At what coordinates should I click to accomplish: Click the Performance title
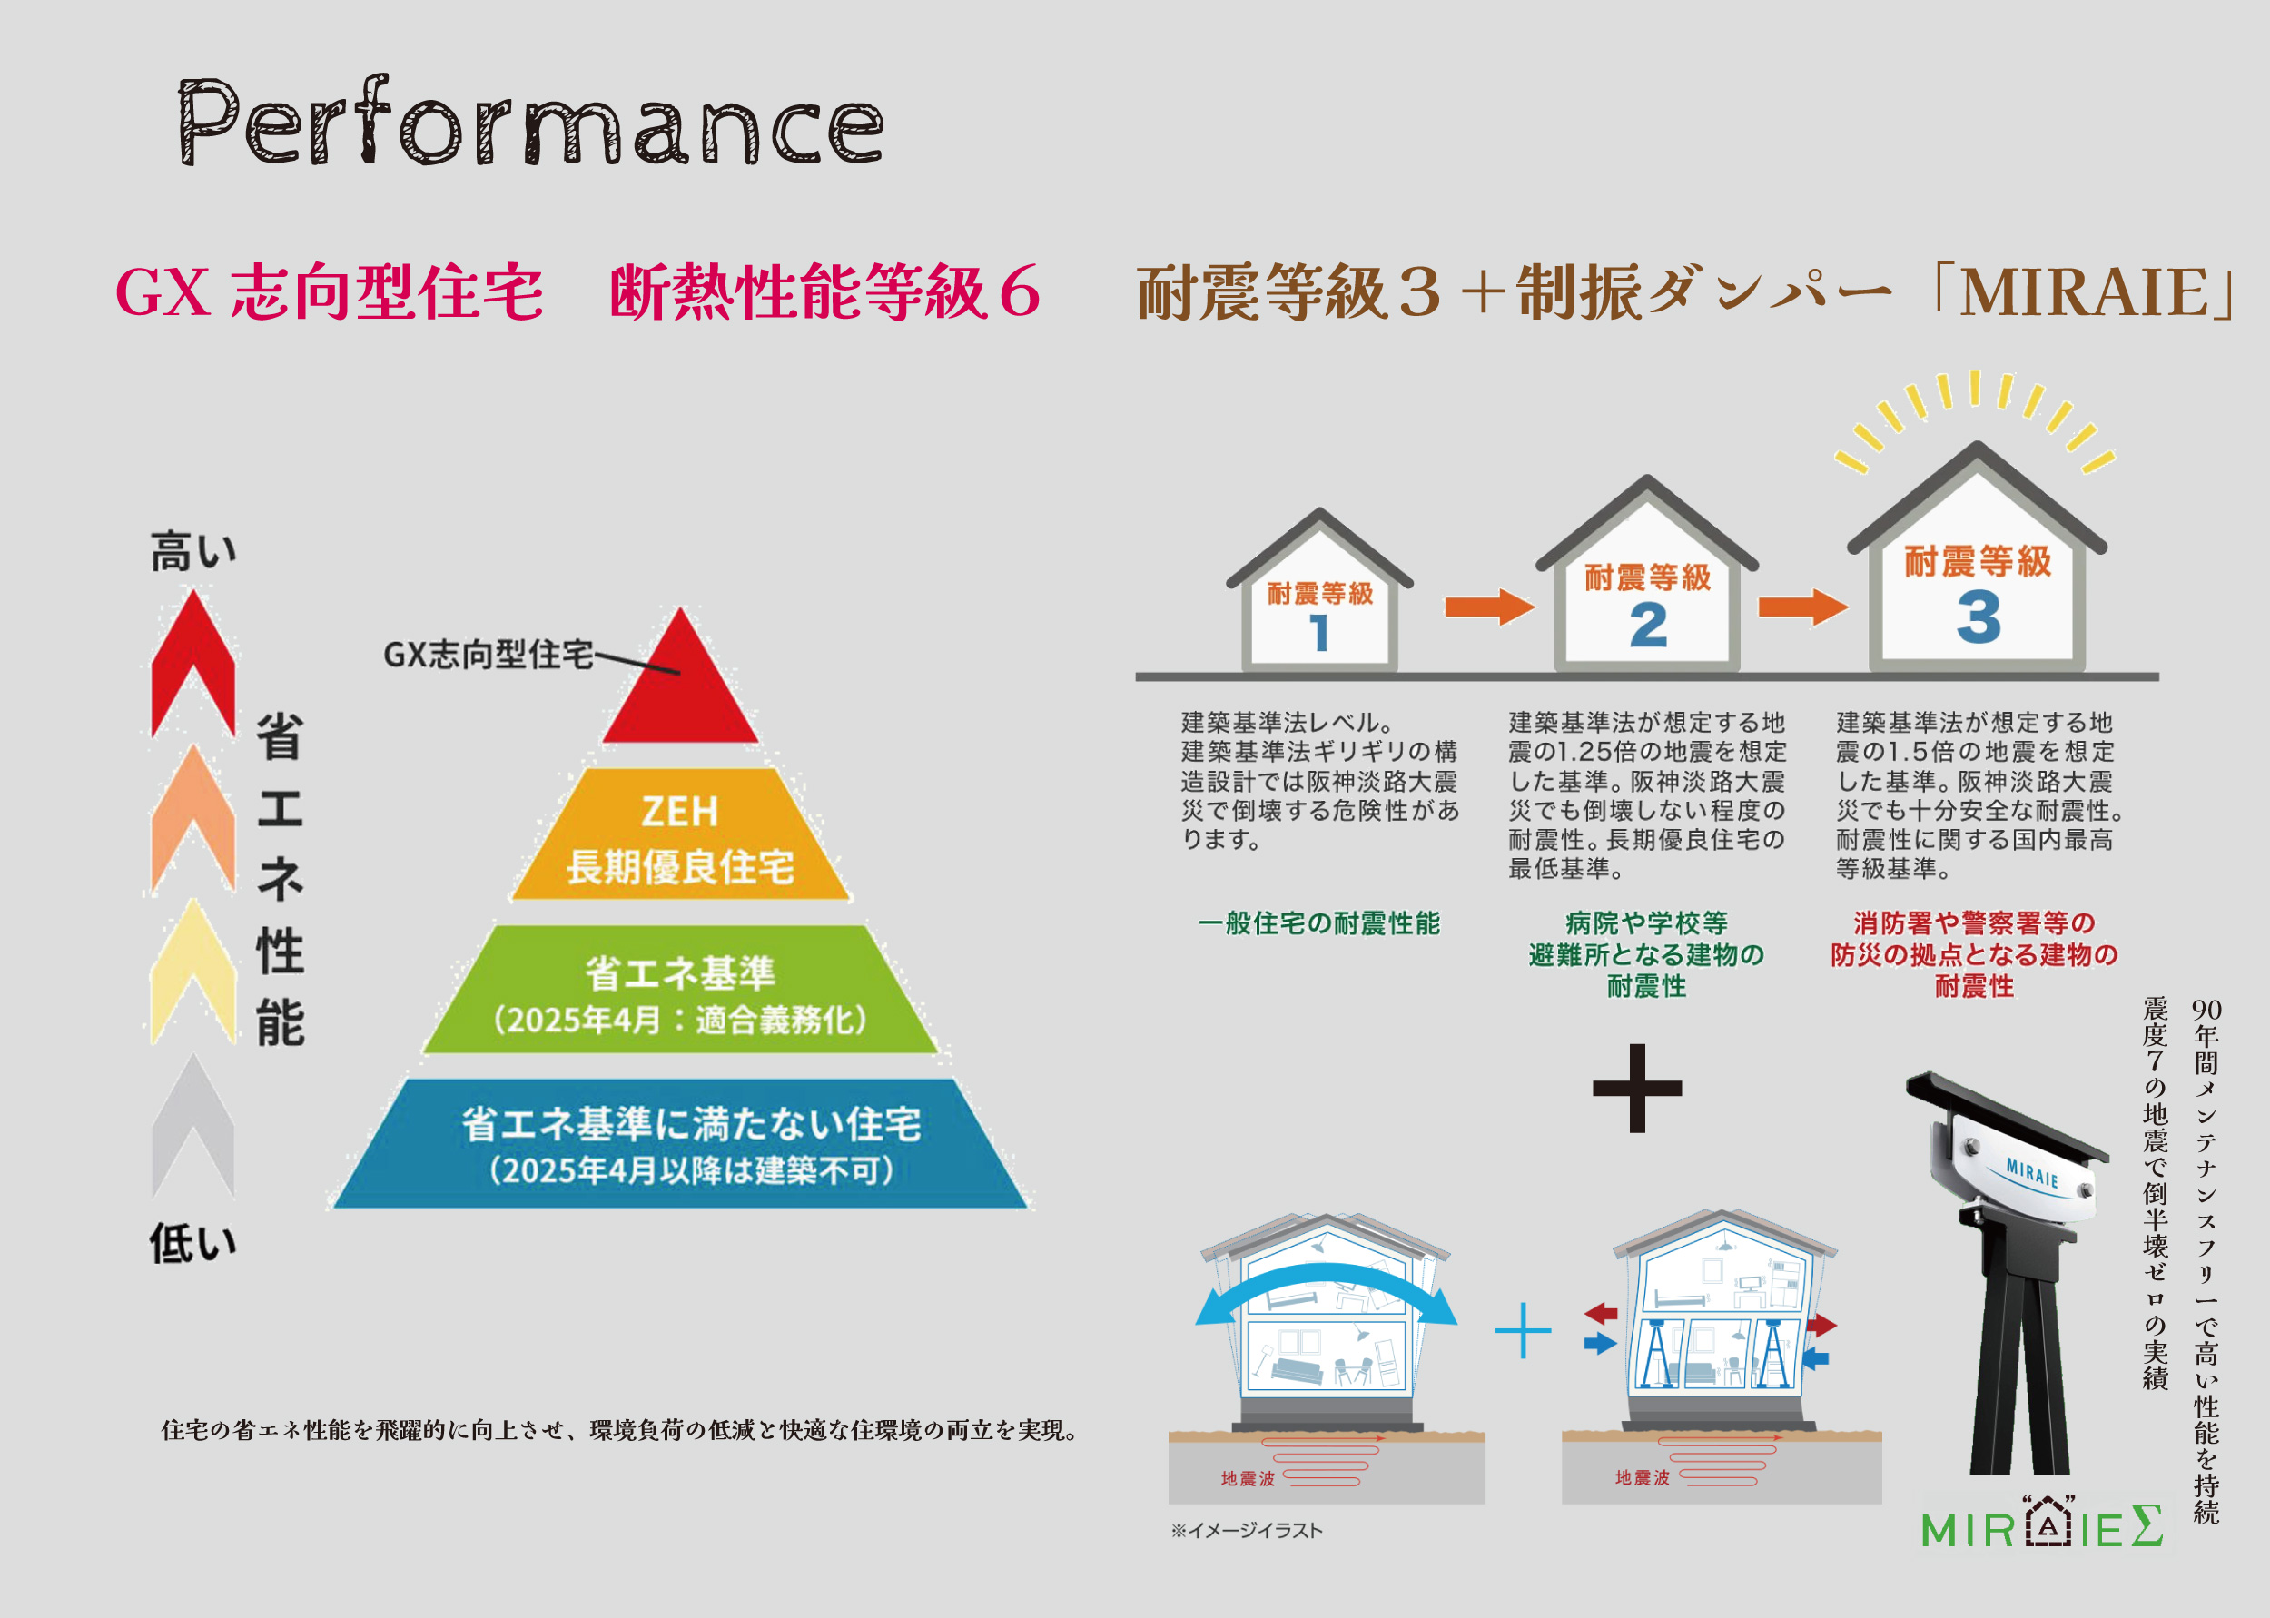point(530,121)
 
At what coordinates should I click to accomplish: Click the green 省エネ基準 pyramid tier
point(681,990)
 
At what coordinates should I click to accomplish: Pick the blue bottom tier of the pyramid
point(681,1144)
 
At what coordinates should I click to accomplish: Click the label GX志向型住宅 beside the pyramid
point(489,655)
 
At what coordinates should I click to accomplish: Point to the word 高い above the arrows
point(193,551)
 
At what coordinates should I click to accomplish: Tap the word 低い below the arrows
point(193,1242)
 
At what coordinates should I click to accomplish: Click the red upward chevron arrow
point(193,663)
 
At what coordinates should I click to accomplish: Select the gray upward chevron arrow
point(193,1126)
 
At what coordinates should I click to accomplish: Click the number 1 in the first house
point(1319,633)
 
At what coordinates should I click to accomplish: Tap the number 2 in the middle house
point(1648,626)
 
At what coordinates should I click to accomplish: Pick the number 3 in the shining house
point(1979,616)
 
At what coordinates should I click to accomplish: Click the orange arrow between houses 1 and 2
point(1489,607)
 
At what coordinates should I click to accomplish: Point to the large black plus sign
point(1637,1088)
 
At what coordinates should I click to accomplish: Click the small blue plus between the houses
point(1523,1330)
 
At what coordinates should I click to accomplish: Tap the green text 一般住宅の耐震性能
point(1318,923)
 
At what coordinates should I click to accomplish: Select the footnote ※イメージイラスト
point(1246,1530)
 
